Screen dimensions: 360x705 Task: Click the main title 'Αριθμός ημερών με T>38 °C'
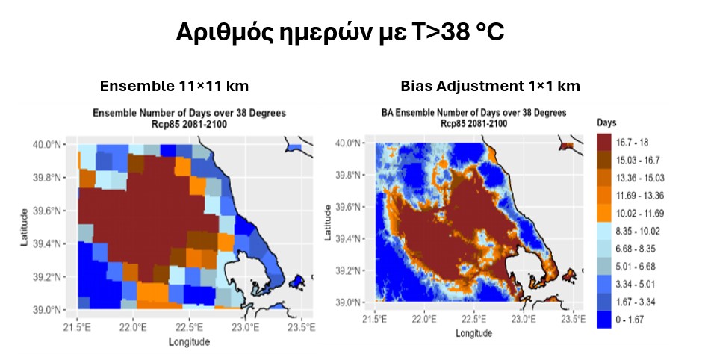[352, 33]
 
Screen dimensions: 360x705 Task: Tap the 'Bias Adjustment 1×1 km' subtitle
[479, 86]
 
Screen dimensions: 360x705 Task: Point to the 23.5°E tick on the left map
[301, 326]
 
